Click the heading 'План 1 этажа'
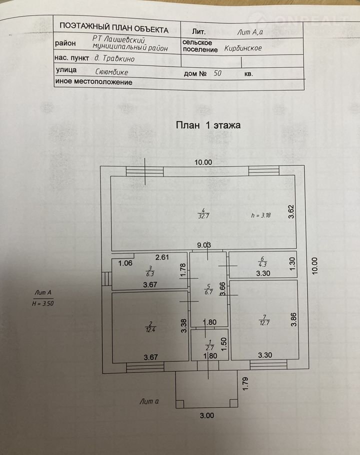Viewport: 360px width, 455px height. point(208,125)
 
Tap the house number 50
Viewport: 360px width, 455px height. point(217,73)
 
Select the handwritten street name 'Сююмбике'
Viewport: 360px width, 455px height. point(111,72)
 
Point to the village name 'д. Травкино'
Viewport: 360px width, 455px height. point(114,58)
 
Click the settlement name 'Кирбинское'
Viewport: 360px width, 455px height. point(243,48)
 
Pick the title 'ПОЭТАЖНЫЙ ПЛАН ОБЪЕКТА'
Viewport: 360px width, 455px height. point(114,28)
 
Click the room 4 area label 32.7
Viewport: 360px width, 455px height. point(203,213)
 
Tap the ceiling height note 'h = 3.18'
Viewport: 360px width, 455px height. point(261,215)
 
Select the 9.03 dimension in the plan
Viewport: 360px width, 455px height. point(204,245)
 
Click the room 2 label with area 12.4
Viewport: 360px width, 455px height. point(150,327)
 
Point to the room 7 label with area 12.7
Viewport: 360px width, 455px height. point(264,320)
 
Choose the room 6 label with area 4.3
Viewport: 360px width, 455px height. point(262,261)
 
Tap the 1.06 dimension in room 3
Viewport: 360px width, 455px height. point(125,263)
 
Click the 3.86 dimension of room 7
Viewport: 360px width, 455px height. point(293,319)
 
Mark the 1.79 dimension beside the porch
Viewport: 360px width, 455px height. point(245,383)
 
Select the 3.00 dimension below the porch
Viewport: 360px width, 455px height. point(207,415)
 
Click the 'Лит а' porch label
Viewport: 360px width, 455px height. point(149,401)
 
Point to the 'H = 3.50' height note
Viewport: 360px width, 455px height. point(43,304)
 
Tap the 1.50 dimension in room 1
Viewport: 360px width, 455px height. point(223,343)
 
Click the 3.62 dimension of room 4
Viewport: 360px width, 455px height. point(291,211)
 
